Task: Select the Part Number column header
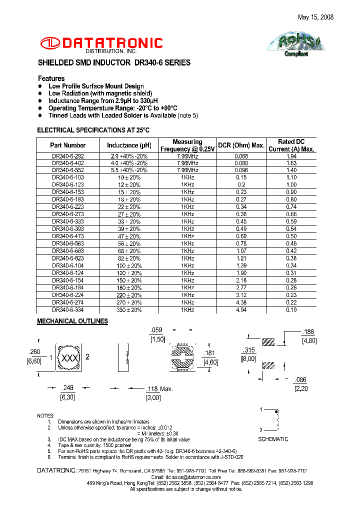point(67,145)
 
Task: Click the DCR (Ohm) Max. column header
point(241,145)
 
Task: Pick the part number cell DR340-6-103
point(68,177)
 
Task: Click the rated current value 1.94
point(291,156)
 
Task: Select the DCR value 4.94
point(241,310)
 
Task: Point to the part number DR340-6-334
point(68,310)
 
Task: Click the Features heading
point(51,78)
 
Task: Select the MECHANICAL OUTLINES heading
point(72,321)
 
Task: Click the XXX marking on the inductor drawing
point(68,358)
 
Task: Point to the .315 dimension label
point(249,350)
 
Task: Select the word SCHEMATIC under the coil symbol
point(273,439)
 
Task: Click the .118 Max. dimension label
point(159,389)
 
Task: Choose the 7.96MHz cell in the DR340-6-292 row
point(187,156)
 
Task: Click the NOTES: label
point(45,415)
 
